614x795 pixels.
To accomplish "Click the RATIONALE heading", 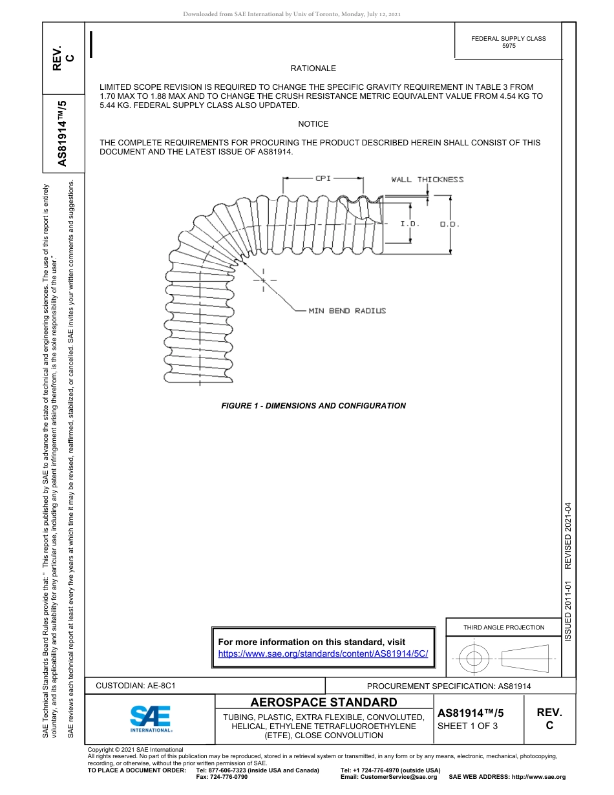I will (x=313, y=69).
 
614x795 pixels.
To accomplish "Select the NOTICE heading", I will (x=313, y=124).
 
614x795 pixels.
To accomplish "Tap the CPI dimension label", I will (x=323, y=178).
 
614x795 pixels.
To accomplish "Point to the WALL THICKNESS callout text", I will (x=427, y=180).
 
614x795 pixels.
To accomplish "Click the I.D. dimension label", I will (x=410, y=224).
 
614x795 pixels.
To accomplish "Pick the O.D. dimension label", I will (x=449, y=224).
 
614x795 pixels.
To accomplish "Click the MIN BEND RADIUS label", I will (x=347, y=311).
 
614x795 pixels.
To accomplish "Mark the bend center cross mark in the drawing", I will (x=264, y=280).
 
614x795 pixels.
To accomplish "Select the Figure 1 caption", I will (x=313, y=406).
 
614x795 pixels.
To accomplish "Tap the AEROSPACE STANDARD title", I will (x=324, y=703).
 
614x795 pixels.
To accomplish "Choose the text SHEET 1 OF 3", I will (x=467, y=726).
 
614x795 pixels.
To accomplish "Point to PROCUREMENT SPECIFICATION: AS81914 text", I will (x=449, y=686).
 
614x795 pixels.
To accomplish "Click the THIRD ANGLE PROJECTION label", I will (x=503, y=627).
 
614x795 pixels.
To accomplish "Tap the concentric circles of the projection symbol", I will (x=474, y=659).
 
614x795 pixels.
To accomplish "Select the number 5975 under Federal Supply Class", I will (x=509, y=47).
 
